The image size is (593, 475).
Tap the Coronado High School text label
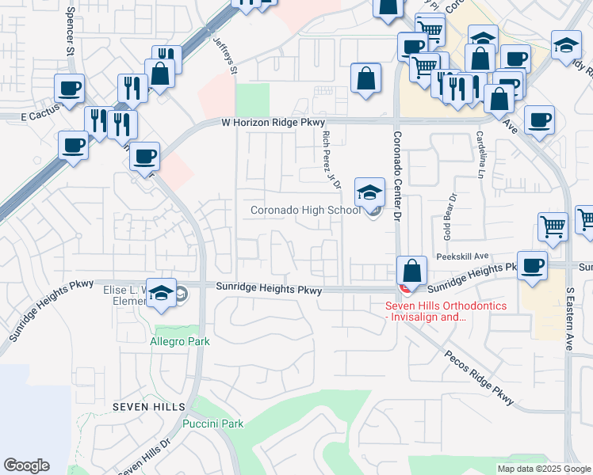click(x=305, y=210)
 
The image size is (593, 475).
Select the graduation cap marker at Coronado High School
click(x=369, y=192)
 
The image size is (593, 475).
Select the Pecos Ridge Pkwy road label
click(x=480, y=374)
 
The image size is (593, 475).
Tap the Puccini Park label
click(x=213, y=424)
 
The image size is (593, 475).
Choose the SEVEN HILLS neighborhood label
click(x=149, y=407)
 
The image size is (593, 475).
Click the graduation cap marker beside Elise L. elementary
click(x=162, y=293)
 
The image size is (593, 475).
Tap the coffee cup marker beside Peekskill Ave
click(x=532, y=265)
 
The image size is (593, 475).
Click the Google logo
click(x=26, y=465)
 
